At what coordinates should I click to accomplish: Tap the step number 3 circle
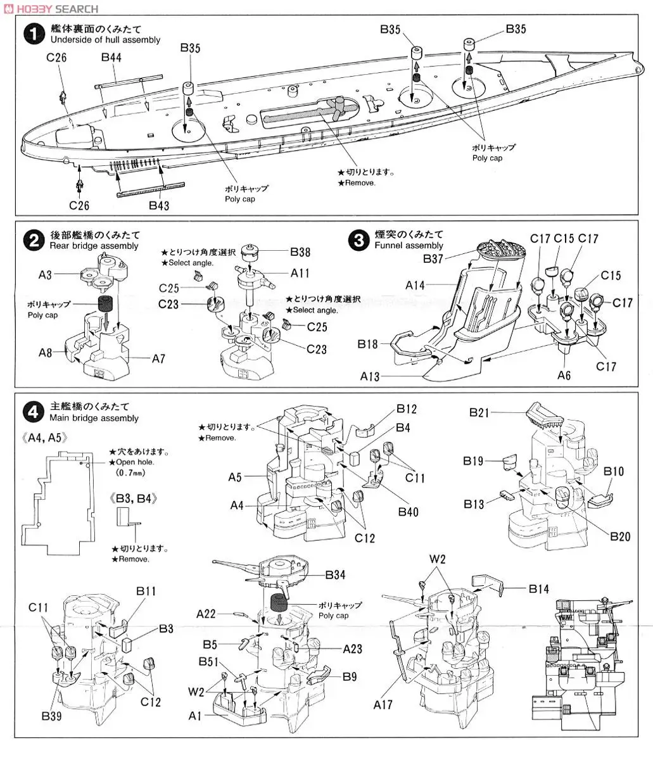359,240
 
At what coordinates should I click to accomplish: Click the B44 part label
112,58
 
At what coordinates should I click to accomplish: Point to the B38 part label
301,252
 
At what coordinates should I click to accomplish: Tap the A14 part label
415,286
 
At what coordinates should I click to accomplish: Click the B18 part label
367,344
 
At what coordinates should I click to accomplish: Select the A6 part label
564,375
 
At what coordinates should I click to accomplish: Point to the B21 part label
479,412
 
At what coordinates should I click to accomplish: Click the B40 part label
408,512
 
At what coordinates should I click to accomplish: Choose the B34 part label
336,574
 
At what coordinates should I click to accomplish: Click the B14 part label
539,589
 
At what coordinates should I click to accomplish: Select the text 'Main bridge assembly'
93,418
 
